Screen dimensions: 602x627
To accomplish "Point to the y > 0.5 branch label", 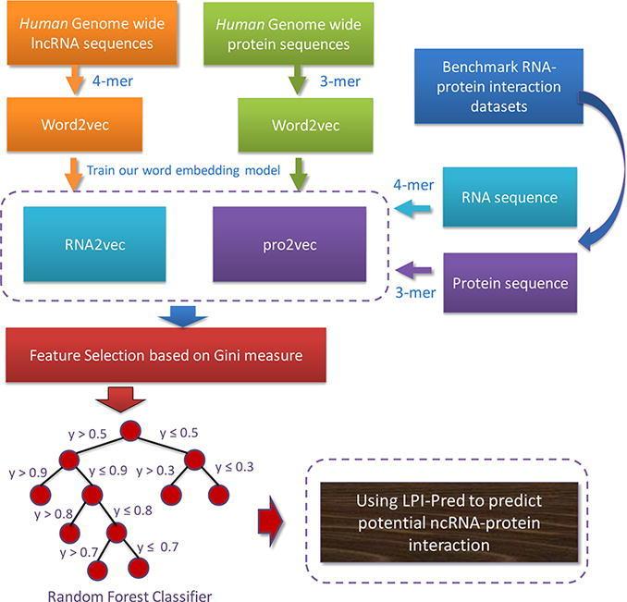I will coord(89,431).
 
